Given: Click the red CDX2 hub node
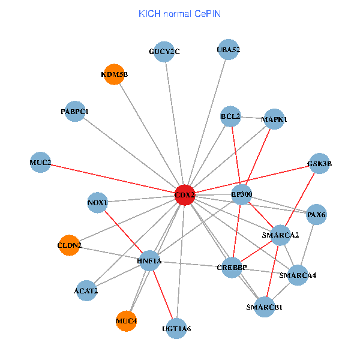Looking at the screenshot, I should [x=185, y=195].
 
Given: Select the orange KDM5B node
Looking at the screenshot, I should [x=114, y=75].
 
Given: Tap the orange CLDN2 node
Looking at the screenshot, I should [x=70, y=245].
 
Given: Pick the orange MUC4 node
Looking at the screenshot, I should [x=126, y=321].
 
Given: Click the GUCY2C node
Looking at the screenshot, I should [x=164, y=52].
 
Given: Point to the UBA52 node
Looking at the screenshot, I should [x=228, y=50].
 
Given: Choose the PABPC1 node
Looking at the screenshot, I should [x=75, y=112].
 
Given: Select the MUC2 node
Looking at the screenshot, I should [x=40, y=163].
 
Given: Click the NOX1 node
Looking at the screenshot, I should [x=97, y=203].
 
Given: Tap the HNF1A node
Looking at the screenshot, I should [x=149, y=261].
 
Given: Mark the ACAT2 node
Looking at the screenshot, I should [x=86, y=291].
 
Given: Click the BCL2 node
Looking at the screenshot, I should [x=230, y=116].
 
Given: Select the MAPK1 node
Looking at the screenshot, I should [x=274, y=119].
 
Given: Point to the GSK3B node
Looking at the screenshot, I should [x=319, y=163].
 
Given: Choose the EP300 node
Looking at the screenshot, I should [x=241, y=194].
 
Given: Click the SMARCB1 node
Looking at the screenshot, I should [x=264, y=307].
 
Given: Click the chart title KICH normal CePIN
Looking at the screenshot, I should [x=179, y=13].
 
